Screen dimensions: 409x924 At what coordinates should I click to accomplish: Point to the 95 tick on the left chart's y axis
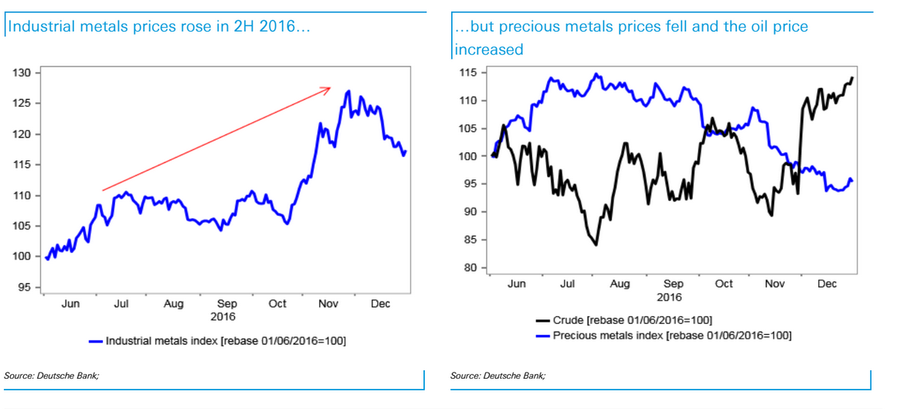pyautogui.click(x=24, y=288)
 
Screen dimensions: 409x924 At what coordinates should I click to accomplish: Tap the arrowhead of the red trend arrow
pyautogui.click(x=329, y=88)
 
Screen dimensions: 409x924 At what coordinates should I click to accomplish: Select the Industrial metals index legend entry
pyautogui.click(x=223, y=340)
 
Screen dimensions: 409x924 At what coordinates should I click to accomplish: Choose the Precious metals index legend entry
pyautogui.click(x=664, y=335)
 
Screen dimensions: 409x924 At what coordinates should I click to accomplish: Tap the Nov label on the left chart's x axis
pyautogui.click(x=328, y=304)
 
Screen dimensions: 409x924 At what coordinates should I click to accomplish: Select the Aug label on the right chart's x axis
pyautogui.click(x=620, y=285)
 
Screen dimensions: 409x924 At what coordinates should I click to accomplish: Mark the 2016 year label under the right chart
pyautogui.click(x=669, y=296)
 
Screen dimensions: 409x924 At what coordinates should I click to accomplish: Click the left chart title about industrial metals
pyautogui.click(x=158, y=27)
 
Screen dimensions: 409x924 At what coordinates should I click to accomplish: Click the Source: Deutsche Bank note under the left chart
pyautogui.click(x=52, y=375)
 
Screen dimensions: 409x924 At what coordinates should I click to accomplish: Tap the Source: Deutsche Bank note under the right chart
pyautogui.click(x=498, y=375)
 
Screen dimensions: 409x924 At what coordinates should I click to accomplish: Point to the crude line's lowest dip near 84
pyautogui.click(x=596, y=245)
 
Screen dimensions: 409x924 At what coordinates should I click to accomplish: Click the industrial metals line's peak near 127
pyautogui.click(x=349, y=91)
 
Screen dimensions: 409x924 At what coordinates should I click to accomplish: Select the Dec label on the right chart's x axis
pyautogui.click(x=827, y=285)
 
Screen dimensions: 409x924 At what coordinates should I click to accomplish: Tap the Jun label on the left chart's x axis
pyautogui.click(x=70, y=304)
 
